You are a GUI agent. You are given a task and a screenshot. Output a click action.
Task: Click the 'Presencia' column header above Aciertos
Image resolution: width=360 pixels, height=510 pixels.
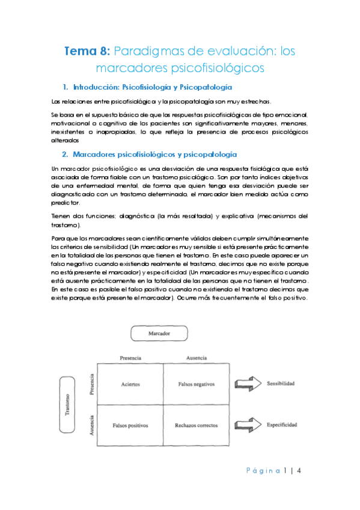click(130, 357)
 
